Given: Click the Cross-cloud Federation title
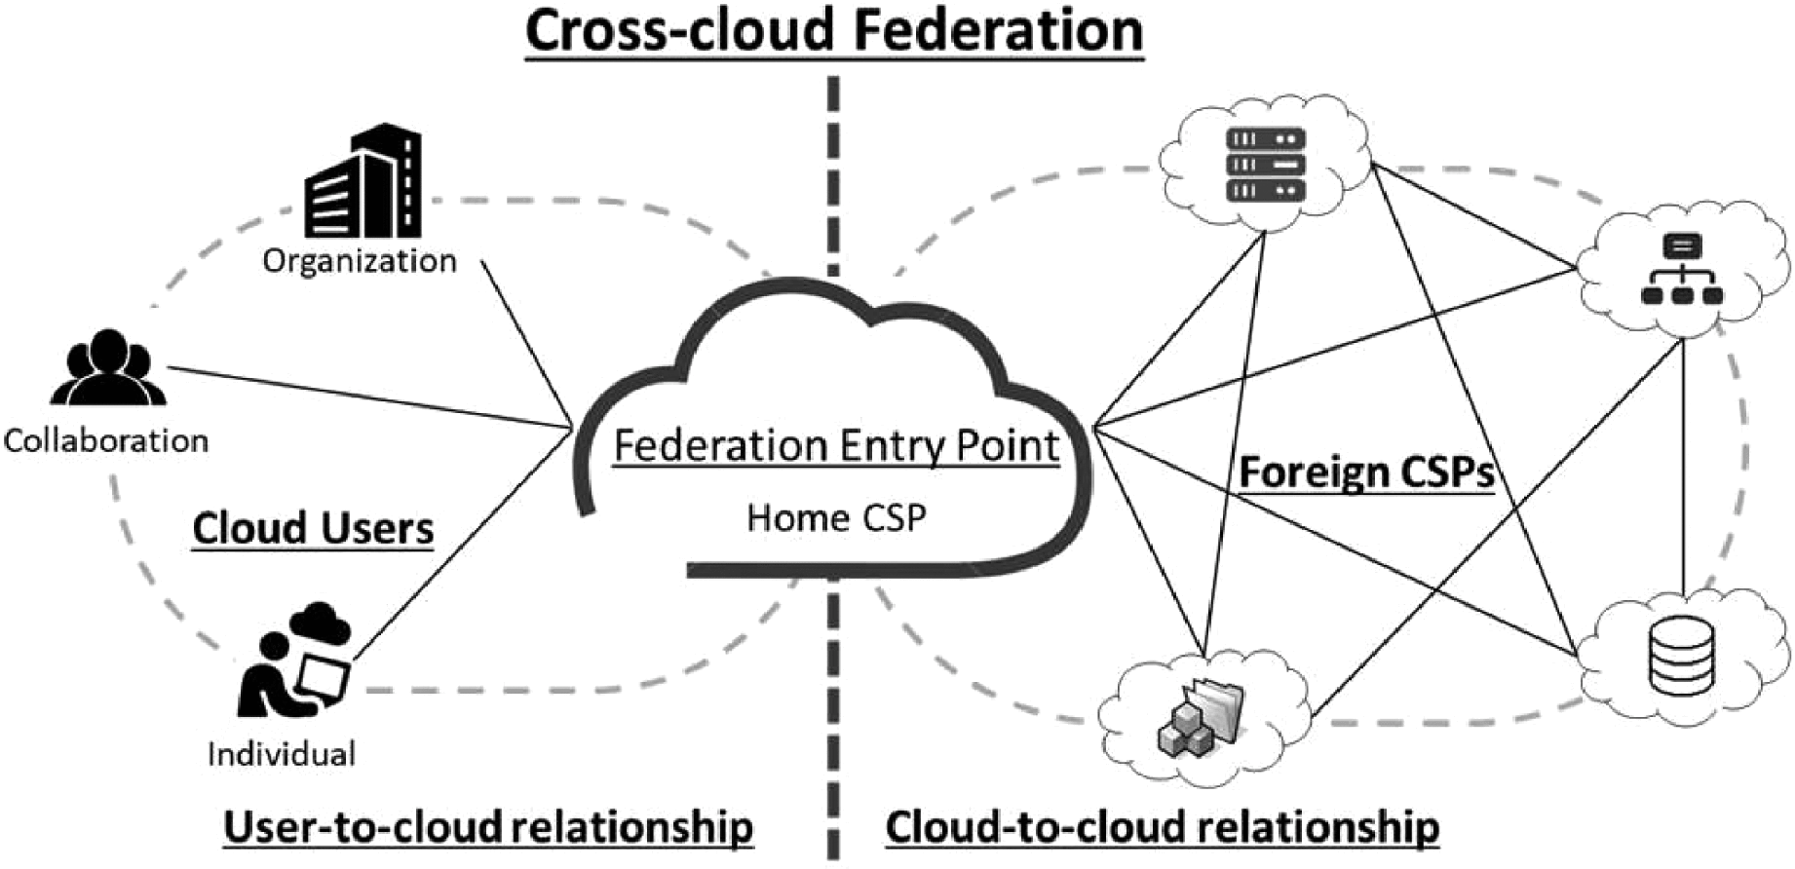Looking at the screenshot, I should point(834,31).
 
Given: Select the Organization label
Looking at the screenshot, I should point(360,261).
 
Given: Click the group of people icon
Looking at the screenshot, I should point(108,368).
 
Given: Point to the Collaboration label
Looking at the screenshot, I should point(106,441).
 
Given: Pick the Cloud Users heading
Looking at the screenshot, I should point(313,528).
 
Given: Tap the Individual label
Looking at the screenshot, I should point(282,754).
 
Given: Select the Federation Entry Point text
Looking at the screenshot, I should point(836,446).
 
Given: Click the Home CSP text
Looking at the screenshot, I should point(836,518).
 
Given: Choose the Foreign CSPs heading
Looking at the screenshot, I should point(1366,472).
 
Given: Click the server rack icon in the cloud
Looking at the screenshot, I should point(1266,165).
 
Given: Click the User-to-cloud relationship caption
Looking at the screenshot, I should point(488,827).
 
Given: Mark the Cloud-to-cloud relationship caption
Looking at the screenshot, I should point(1162,827).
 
